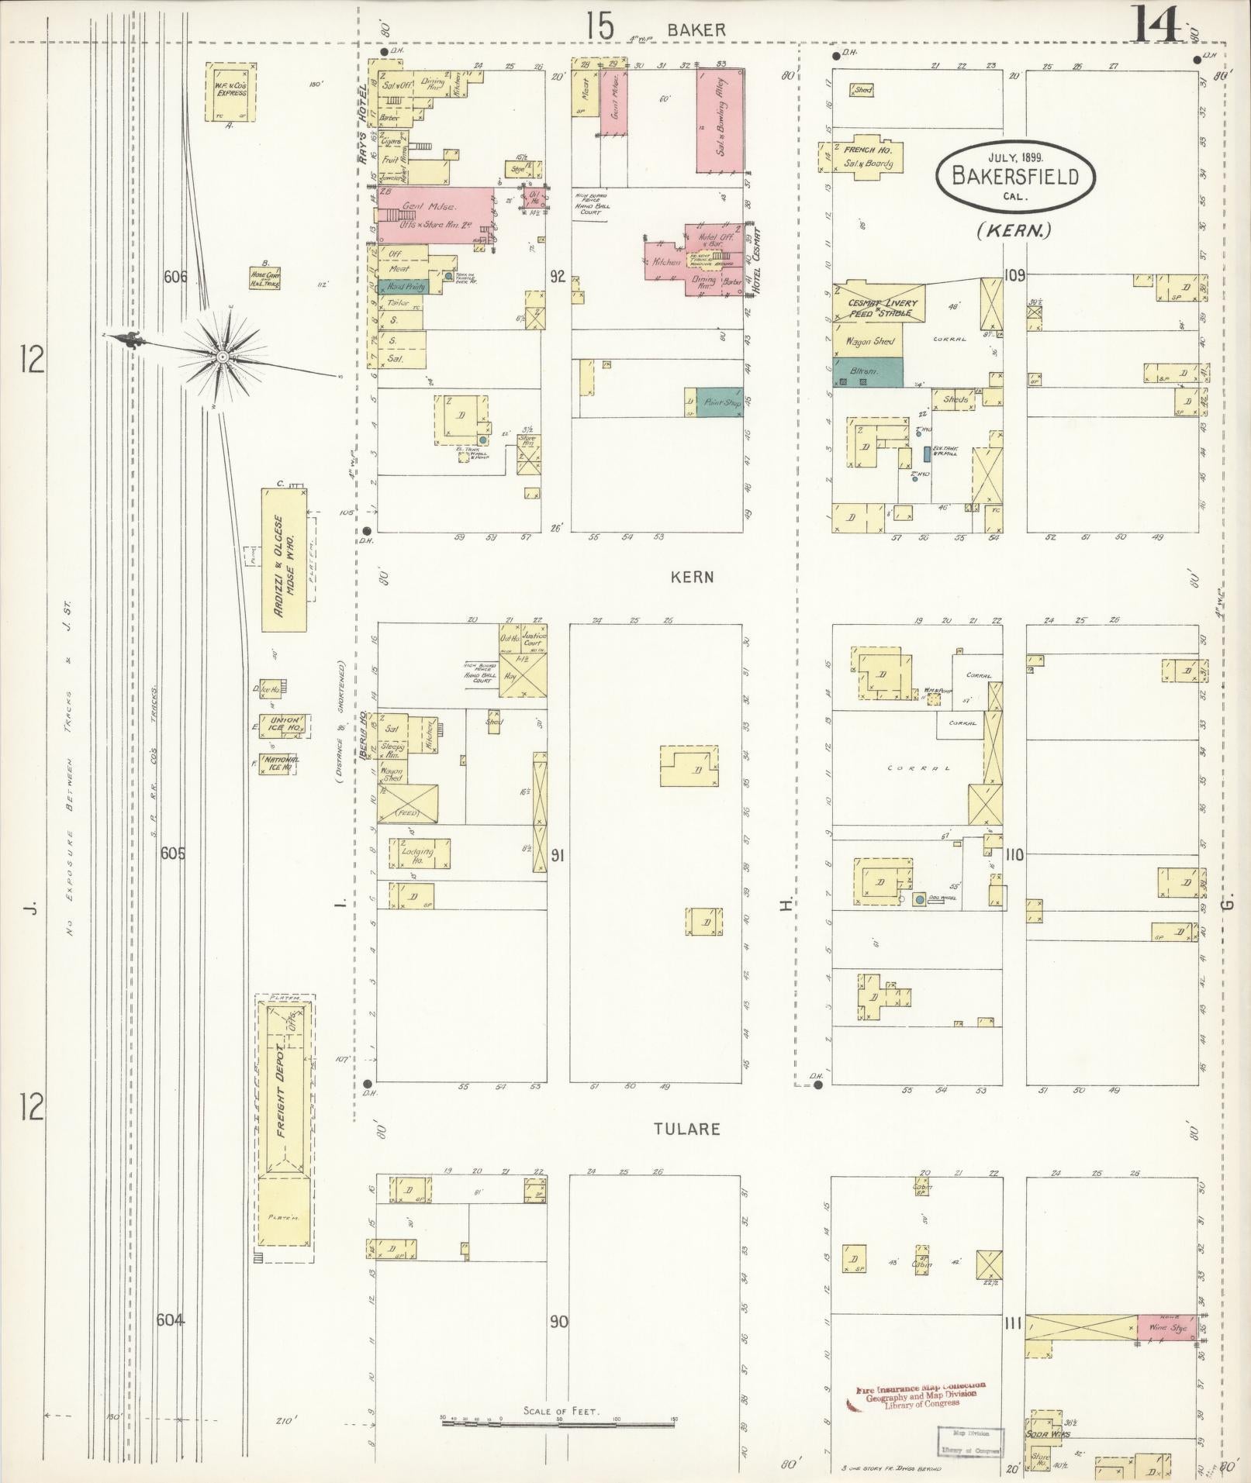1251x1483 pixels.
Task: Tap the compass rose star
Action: (222, 356)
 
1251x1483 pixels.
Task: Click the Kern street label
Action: (692, 578)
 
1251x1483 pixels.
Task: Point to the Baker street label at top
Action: (696, 30)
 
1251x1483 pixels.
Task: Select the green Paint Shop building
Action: (719, 402)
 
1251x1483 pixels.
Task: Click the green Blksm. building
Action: (868, 372)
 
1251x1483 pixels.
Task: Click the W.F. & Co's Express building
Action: (231, 91)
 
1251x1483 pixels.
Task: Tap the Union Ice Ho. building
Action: (285, 725)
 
